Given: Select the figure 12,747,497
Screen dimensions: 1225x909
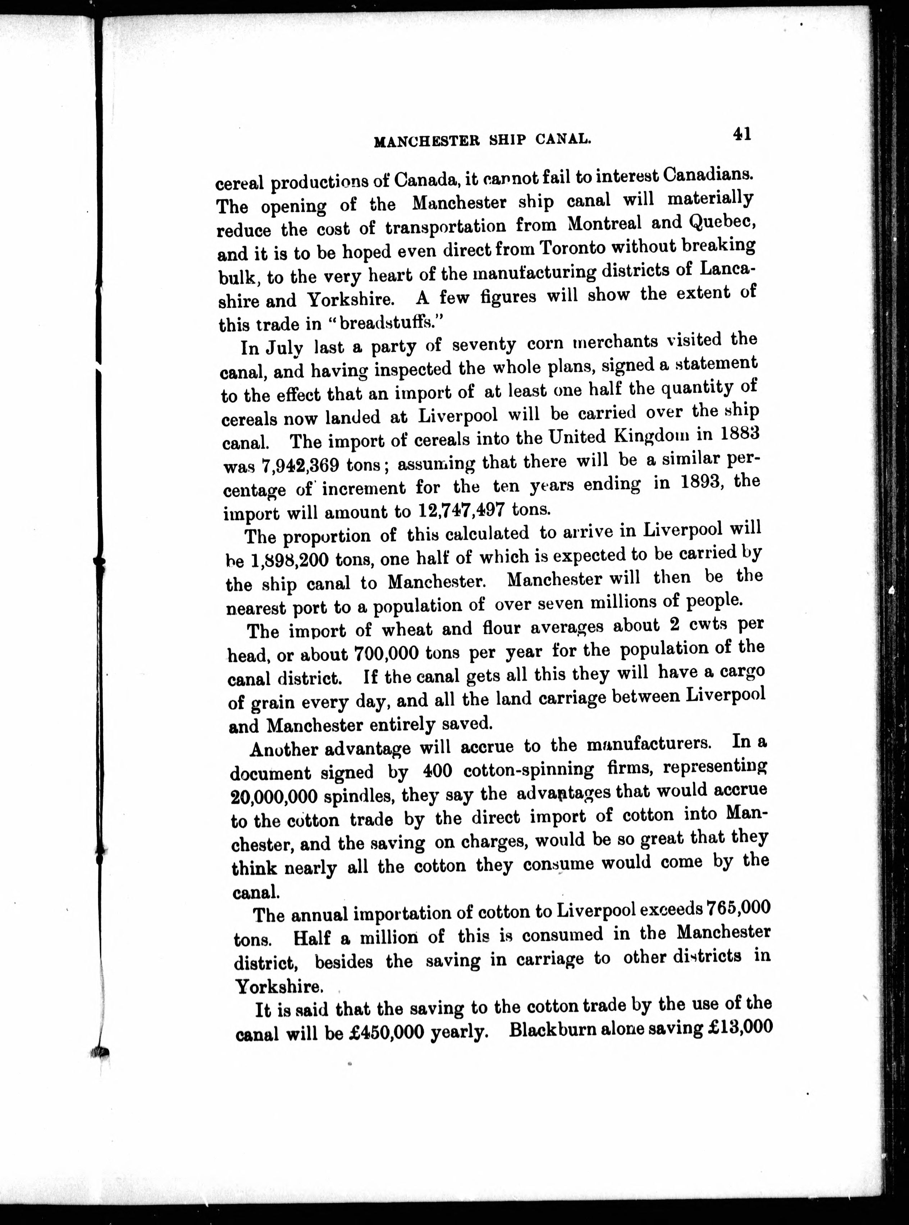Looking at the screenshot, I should pyautogui.click(x=461, y=510).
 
